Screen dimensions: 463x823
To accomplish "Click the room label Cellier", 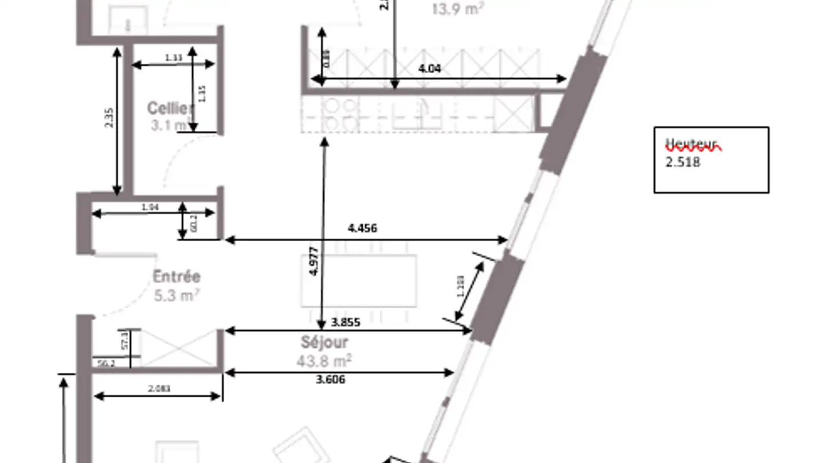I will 170,108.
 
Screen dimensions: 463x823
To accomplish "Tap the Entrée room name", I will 177,277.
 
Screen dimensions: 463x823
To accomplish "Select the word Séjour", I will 324,342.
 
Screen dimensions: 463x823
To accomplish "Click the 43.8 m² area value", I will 323,361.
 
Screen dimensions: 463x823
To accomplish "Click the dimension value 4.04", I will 430,69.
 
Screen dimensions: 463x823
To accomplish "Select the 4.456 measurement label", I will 362,229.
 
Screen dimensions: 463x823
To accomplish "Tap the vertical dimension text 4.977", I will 313,262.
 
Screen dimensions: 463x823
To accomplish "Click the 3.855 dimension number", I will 346,322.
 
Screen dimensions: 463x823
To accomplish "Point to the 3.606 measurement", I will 331,380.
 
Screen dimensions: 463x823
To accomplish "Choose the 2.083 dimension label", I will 159,389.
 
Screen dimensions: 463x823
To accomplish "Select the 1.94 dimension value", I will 150,207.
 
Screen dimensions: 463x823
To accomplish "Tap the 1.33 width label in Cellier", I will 174,58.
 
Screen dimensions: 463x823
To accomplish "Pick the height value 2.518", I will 682,162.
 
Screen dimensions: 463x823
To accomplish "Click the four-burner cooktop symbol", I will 341,115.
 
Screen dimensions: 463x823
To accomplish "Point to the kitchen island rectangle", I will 358,280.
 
